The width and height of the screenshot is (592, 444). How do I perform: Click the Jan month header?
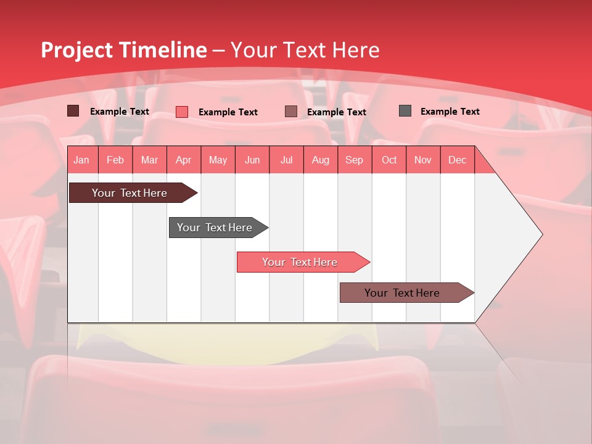click(81, 160)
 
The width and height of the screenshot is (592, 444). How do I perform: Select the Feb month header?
click(115, 160)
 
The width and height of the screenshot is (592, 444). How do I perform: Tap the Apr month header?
click(184, 160)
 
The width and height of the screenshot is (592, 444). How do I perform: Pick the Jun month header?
click(252, 160)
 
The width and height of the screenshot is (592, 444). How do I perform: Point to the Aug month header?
click(321, 160)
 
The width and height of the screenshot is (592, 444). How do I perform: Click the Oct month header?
click(389, 160)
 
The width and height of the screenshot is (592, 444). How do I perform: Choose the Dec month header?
click(457, 160)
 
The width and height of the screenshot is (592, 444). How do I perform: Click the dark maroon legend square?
click(73, 111)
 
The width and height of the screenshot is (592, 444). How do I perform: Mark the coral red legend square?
click(182, 112)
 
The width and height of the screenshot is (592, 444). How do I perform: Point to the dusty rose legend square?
click(291, 112)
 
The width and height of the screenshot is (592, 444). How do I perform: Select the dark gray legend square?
click(405, 111)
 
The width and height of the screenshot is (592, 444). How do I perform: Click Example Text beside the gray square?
click(450, 112)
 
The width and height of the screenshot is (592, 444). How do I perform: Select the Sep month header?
click(354, 160)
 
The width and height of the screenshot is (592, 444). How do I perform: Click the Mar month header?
click(149, 160)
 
